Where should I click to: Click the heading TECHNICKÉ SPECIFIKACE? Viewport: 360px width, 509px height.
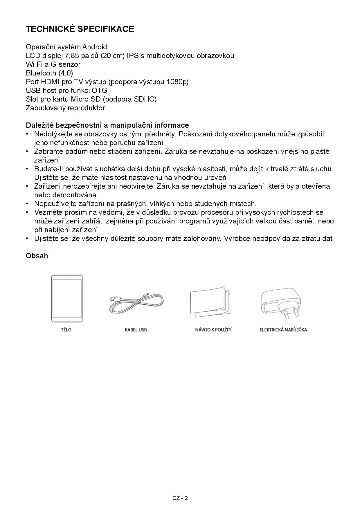[x=80, y=29]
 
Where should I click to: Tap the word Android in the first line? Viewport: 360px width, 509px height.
[x=95, y=47]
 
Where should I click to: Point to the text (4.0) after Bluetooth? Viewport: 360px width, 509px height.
[x=66, y=73]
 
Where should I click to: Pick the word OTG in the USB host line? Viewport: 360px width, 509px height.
[x=99, y=91]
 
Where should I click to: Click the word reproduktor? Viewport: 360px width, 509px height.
[x=86, y=108]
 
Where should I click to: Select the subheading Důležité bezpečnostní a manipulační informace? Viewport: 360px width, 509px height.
[x=107, y=125]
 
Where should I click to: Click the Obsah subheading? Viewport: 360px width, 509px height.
[x=37, y=256]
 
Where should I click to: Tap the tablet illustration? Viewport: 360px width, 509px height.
[x=67, y=299]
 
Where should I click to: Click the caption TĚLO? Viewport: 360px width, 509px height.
[x=66, y=330]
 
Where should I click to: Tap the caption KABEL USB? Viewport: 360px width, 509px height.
[x=136, y=330]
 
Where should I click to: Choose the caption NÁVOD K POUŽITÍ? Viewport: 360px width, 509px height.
[x=213, y=330]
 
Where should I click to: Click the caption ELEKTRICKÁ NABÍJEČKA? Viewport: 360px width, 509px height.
[x=283, y=330]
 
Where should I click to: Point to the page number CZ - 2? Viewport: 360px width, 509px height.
[x=180, y=498]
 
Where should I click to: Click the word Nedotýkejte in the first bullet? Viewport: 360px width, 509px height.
[x=51, y=134]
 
